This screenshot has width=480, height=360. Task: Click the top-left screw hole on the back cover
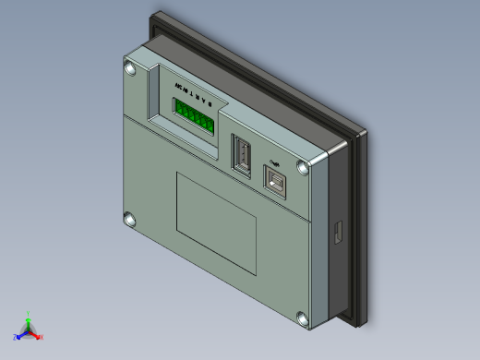(131, 68)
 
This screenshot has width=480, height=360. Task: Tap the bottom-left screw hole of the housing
(129, 220)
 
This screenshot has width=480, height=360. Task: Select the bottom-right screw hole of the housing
(302, 319)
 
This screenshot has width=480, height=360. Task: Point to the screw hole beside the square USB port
(303, 167)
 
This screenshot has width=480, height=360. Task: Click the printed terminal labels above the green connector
(191, 93)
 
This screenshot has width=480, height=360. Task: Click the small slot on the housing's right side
(338, 232)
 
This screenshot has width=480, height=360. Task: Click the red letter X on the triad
(42, 337)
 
